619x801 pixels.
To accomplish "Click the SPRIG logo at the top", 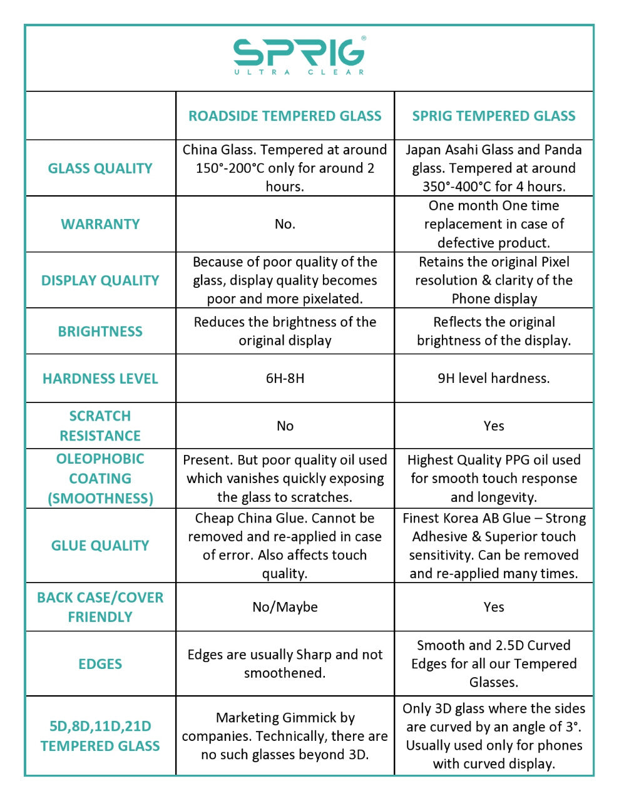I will point(299,53).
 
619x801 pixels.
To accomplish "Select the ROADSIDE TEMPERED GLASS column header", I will point(285,116).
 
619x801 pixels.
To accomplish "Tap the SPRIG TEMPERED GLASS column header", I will point(494,116).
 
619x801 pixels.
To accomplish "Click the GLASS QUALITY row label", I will point(100,168).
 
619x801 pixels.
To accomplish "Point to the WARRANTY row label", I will point(100,224).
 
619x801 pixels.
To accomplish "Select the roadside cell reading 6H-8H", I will point(285,379).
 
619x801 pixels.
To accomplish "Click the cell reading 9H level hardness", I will point(494,379).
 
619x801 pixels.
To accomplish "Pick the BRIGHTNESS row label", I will point(100,332).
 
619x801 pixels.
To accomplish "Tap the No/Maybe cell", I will point(285,607).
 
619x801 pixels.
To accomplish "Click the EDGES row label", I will point(100,664).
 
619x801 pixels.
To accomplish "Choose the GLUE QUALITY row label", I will point(100,546).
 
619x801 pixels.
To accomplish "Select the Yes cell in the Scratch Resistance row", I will point(494,426).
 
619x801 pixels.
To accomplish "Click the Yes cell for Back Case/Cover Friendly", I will point(494,607).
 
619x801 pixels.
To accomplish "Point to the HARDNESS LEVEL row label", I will point(100,379).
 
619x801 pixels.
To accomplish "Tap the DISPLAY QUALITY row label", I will point(100,280).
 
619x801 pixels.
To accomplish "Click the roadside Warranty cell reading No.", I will point(285,224).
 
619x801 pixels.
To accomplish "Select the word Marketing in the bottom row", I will point(245,718).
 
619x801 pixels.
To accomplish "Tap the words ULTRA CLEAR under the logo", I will point(299,72).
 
